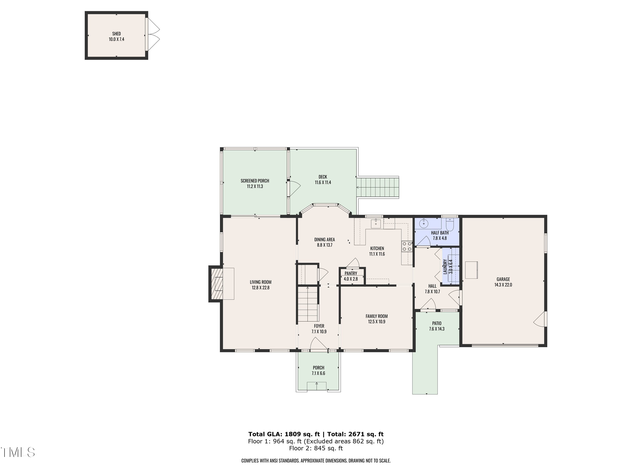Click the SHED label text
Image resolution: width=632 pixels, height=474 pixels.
(x=116, y=34)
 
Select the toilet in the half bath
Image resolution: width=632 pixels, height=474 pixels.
(x=450, y=225)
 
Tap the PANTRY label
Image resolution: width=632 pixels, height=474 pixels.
(x=351, y=273)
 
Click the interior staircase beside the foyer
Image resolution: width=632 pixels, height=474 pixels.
(x=308, y=304)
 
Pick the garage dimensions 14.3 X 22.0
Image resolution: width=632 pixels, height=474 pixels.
(x=503, y=285)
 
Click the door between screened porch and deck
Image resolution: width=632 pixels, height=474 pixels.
(x=294, y=188)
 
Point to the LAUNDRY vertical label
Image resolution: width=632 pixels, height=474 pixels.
(x=445, y=266)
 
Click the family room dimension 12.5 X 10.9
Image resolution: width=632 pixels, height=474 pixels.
(x=377, y=322)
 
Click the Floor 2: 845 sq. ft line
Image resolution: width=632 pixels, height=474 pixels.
(x=316, y=448)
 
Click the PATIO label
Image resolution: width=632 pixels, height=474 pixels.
(x=437, y=323)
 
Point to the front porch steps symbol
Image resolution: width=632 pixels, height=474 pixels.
(x=317, y=386)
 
